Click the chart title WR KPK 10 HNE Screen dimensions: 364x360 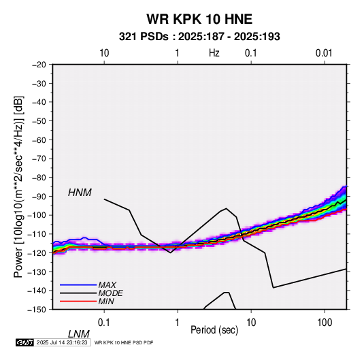point(199,19)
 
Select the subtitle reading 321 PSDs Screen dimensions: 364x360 point(144,37)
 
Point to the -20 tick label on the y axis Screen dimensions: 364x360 point(39,65)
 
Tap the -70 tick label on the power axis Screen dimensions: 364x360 point(39,159)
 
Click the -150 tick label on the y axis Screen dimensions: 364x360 point(37,310)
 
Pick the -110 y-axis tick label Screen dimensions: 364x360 point(37,234)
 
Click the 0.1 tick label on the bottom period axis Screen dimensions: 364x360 point(104,323)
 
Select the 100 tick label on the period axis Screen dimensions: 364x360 point(325,323)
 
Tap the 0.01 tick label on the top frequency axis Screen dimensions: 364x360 point(324,53)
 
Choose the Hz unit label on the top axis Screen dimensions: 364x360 point(214,53)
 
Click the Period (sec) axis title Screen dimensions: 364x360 point(214,330)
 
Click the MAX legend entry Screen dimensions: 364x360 point(107,284)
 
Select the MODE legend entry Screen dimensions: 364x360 point(110,293)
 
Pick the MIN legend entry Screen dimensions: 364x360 point(106,301)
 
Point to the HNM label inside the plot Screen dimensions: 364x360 point(80,193)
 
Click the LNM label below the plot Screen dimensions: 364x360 point(79,334)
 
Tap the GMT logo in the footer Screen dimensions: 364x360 point(24,342)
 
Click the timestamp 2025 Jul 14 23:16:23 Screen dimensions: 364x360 point(62,342)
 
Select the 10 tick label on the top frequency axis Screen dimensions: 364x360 point(104,53)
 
